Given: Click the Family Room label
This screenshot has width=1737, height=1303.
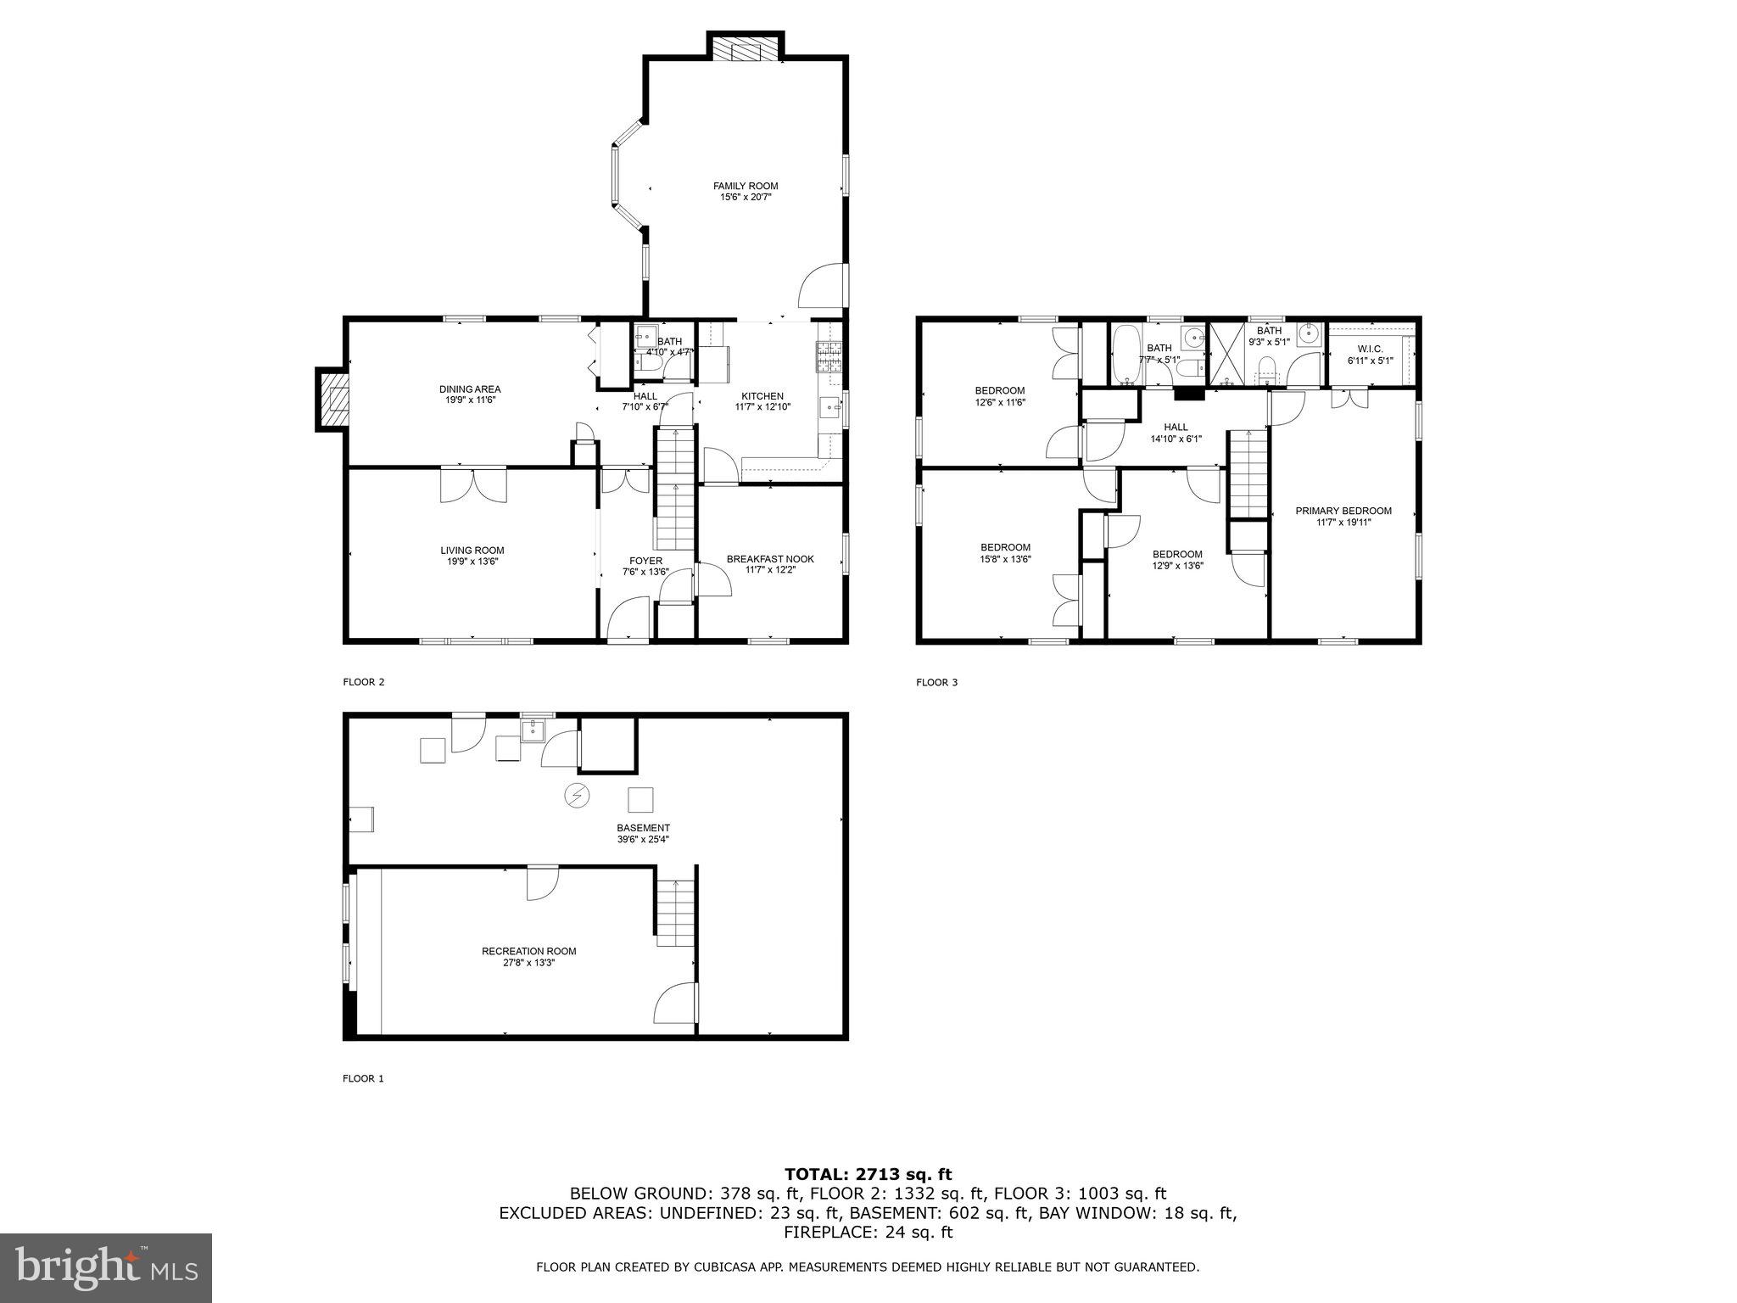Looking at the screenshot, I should pyautogui.click(x=745, y=186).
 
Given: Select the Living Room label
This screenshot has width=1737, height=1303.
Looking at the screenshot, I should pyautogui.click(x=472, y=551).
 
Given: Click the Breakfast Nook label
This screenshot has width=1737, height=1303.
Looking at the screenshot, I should pyautogui.click(x=769, y=559).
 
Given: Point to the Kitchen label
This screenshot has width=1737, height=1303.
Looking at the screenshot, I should pyautogui.click(x=762, y=396).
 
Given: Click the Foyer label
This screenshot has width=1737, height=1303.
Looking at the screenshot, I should pyautogui.click(x=645, y=561).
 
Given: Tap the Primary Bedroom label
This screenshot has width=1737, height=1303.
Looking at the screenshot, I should pyautogui.click(x=1343, y=511).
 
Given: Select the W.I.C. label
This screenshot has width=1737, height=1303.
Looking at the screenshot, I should pyautogui.click(x=1370, y=349).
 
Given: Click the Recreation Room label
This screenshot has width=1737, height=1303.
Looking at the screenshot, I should pyautogui.click(x=528, y=951).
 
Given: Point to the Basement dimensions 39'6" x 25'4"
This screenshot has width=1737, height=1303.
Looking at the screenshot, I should pyautogui.click(x=643, y=839).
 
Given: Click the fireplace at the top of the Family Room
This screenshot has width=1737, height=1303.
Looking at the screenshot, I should pyautogui.click(x=745, y=48).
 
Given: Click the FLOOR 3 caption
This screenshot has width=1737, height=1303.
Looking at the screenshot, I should pyautogui.click(x=936, y=682).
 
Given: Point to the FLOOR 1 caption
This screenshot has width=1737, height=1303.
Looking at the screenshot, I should pyautogui.click(x=363, y=1079).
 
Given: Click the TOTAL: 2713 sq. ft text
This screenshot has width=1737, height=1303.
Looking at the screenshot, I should pyautogui.click(x=868, y=1174).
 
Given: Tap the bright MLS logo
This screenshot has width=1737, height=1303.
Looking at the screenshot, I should pyautogui.click(x=105, y=1268).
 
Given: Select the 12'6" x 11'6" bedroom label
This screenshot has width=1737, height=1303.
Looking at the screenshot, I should pyautogui.click(x=999, y=391).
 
